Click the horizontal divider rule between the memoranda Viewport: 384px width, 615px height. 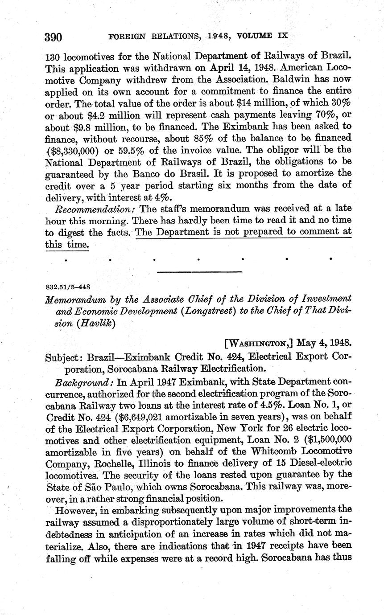[x=199, y=271]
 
